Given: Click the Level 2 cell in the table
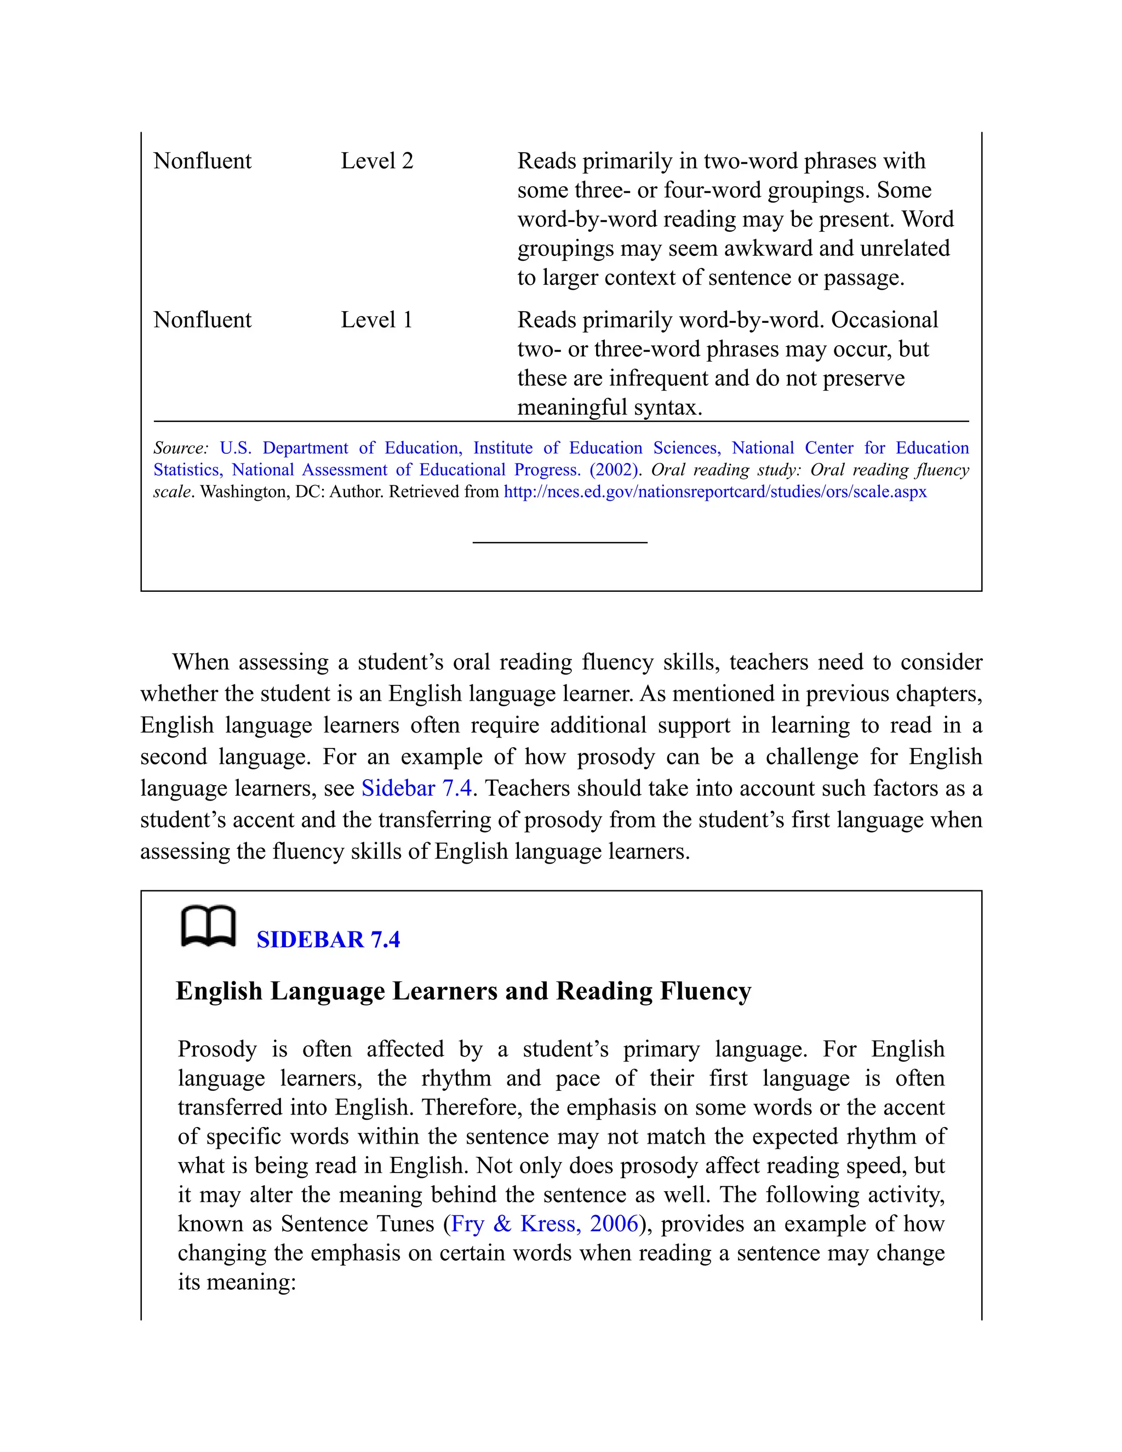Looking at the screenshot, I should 377,161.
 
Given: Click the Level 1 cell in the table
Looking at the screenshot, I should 376,320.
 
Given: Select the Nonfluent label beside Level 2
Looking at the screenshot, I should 202,161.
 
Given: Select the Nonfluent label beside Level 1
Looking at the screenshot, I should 202,320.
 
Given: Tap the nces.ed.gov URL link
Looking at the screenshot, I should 714,492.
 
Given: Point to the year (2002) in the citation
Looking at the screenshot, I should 614,470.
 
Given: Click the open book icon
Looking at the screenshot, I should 208,925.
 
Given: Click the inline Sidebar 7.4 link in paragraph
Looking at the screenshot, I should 416,788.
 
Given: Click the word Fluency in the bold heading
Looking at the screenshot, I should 705,991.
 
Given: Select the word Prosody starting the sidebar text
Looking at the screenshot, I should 217,1049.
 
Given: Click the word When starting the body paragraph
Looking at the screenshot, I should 201,662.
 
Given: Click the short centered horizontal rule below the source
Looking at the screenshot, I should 560,542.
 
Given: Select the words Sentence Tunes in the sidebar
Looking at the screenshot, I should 358,1224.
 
